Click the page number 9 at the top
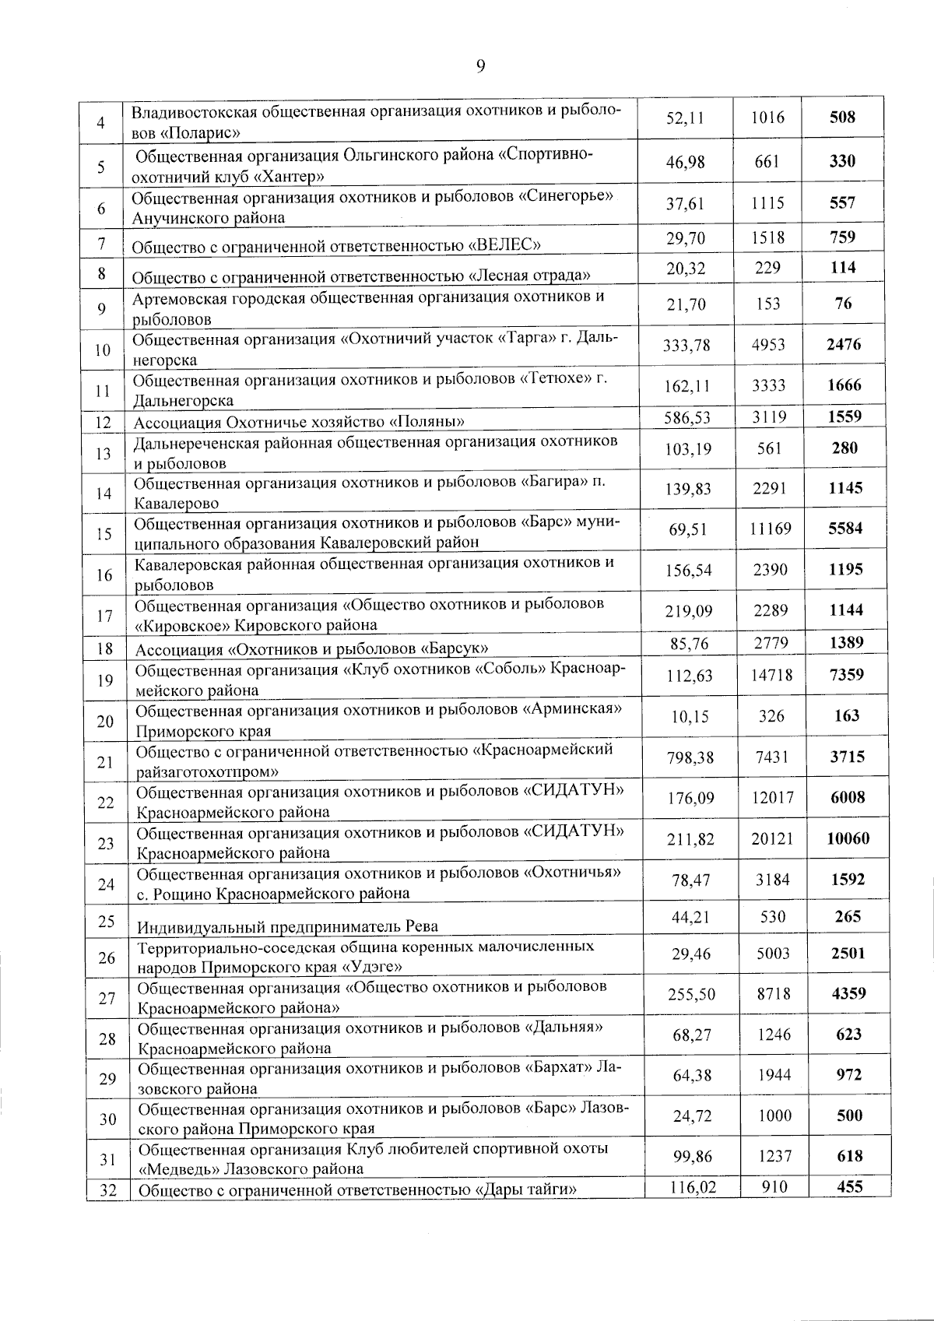click(480, 66)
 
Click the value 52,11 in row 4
click(686, 118)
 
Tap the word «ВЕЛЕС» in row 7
click(504, 247)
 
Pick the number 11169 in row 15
click(771, 529)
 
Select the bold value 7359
click(846, 675)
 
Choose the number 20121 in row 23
click(772, 838)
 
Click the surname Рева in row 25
click(421, 926)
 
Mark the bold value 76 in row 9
click(843, 304)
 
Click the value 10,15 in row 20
click(689, 716)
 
